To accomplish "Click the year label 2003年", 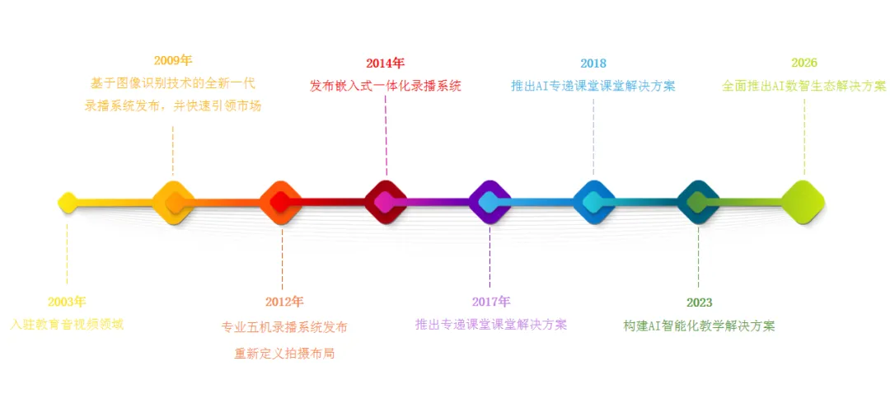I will point(67,302).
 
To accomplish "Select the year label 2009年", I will point(173,60).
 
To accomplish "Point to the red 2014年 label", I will point(385,63).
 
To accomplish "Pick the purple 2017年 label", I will point(491,302).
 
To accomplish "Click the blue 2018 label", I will point(593,63).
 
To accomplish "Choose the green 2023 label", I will point(699,303).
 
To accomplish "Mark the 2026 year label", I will point(804,63).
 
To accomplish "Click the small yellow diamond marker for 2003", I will point(68,202).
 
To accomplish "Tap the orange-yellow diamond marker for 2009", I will point(174,202).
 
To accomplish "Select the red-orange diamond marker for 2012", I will point(280,202).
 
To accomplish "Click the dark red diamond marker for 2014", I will point(386,202).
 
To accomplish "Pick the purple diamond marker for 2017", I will point(489,202).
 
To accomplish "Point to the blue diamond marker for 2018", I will point(594,202).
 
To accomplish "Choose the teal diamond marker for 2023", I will point(698,202).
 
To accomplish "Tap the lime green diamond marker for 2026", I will point(803,202).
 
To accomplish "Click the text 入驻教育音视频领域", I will point(67,325).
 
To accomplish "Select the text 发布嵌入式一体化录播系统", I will point(385,86).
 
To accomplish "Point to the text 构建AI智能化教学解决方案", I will point(699,326).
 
